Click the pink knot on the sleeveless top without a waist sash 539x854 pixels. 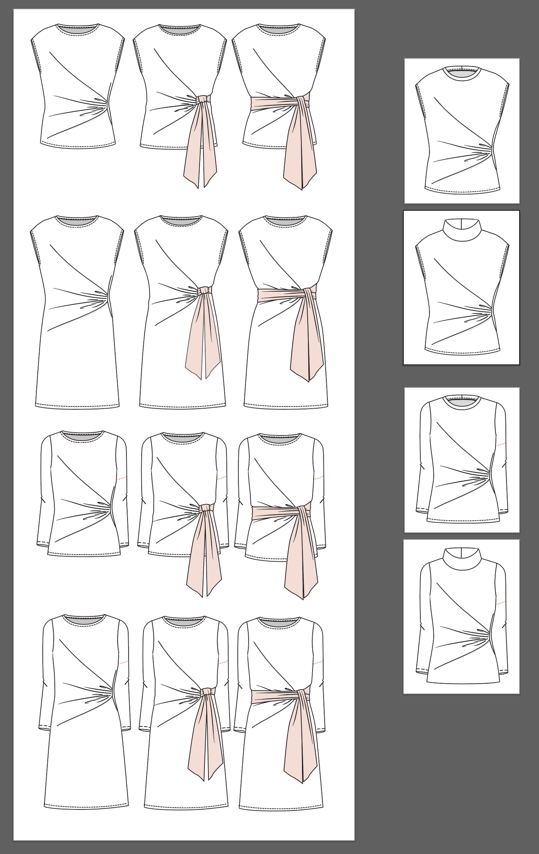pyautogui.click(x=203, y=98)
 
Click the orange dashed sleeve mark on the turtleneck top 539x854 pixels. pyautogui.click(x=502, y=602)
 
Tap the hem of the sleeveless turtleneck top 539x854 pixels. pyautogui.click(x=462, y=351)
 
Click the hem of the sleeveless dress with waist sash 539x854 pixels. pyautogui.click(x=286, y=407)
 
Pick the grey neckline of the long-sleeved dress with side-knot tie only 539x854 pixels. pyautogui.click(x=186, y=621)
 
